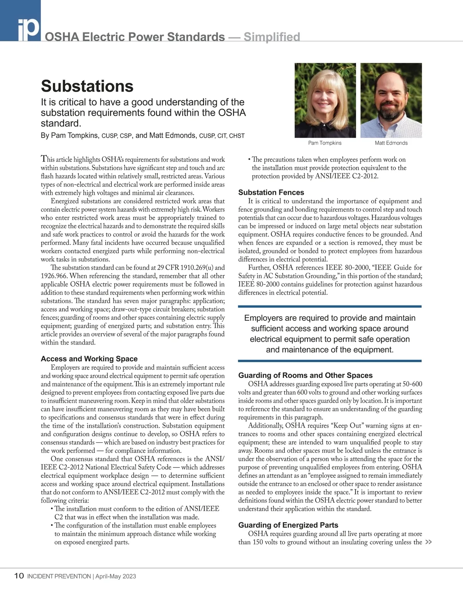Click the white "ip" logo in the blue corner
coord(28,29)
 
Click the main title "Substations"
coord(87,86)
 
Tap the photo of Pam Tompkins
coord(325,100)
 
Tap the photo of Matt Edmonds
coord(391,100)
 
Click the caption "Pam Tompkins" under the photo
coord(325,143)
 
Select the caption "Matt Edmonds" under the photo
coord(391,143)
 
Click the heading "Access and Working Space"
coord(89,359)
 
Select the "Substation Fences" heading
coord(271,192)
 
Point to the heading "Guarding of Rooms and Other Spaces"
coord(305,375)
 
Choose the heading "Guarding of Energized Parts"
coord(288,525)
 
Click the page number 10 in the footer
coord(19,576)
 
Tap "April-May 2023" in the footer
coord(116,577)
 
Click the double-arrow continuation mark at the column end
coord(428,542)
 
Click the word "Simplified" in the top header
coord(272,37)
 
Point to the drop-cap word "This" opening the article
coord(48,159)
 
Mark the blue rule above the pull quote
coord(330,307)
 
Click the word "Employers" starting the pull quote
coord(264,318)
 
